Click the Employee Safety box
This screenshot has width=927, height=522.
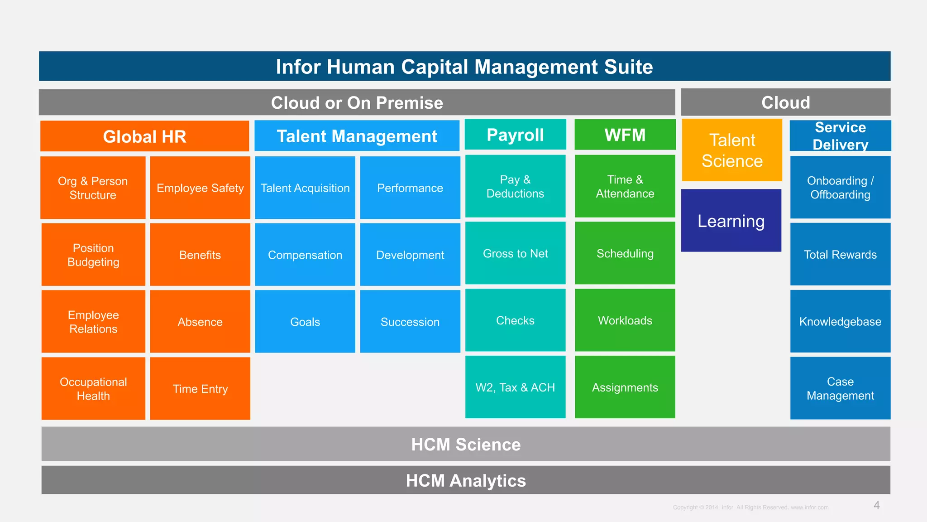200,188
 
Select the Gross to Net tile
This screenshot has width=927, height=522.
515,253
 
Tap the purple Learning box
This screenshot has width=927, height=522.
731,221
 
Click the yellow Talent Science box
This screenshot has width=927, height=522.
732,150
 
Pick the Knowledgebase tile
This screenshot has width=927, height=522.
840,321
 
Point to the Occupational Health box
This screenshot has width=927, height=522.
93,388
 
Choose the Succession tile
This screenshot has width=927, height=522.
410,321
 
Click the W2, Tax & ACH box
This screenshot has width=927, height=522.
515,387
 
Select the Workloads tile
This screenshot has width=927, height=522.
625,320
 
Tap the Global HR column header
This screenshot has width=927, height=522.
144,136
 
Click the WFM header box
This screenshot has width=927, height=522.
625,135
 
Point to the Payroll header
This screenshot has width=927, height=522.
515,135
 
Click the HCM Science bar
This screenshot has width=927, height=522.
466,444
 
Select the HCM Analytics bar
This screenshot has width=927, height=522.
466,480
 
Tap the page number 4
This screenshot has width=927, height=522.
876,505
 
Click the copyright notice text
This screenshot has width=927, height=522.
750,507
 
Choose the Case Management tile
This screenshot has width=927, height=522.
840,388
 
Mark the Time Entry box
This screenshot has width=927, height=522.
200,388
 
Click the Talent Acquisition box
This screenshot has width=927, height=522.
305,188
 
